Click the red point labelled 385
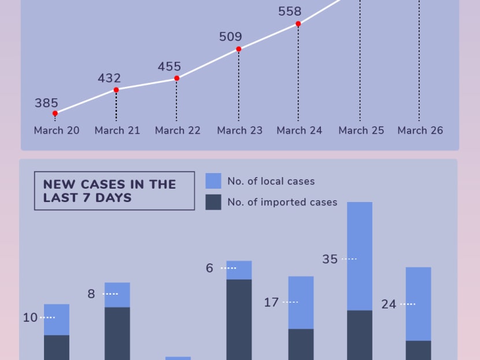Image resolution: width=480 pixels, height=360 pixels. [x=55, y=113]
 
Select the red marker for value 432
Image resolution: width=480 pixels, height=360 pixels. [x=116, y=90]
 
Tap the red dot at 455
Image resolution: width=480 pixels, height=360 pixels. [x=177, y=78]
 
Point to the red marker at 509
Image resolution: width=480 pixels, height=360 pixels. [x=238, y=49]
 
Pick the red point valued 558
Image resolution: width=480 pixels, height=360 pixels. [x=298, y=24]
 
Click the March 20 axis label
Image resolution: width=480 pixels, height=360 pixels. [x=57, y=130]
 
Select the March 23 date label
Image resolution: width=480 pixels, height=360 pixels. [x=239, y=130]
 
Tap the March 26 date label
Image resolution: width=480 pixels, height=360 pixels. [x=420, y=130]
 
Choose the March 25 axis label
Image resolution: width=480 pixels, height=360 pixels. [x=361, y=130]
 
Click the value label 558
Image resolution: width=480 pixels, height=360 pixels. [x=290, y=11]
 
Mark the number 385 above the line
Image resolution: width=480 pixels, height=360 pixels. [x=46, y=103]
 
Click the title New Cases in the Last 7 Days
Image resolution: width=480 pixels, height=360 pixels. [x=110, y=191]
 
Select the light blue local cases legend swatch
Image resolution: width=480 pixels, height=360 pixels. [x=213, y=181]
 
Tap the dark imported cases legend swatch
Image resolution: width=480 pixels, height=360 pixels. [x=213, y=202]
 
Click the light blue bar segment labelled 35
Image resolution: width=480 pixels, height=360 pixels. [x=360, y=256]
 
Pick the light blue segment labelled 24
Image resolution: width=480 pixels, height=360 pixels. [x=419, y=303]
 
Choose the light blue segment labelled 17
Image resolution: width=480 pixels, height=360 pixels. [x=301, y=302]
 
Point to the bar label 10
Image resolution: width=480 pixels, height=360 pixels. [x=30, y=318]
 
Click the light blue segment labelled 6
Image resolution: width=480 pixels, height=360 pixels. [x=239, y=270]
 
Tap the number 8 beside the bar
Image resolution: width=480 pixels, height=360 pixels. [x=91, y=294]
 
